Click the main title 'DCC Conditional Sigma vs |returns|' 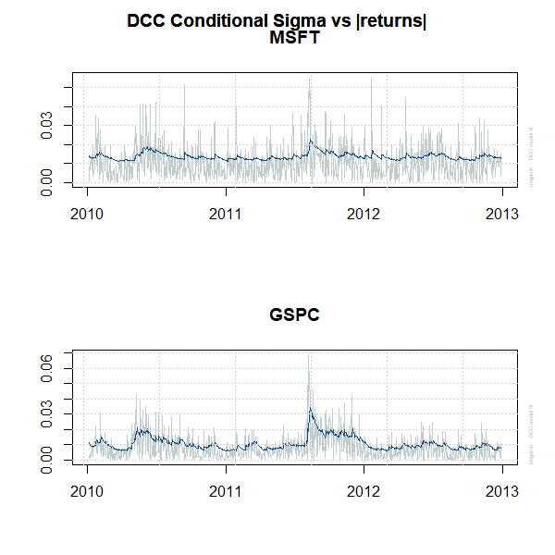(277, 21)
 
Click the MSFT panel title (294, 38)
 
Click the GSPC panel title (294, 314)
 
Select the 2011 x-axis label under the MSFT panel (226, 212)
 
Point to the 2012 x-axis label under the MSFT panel (364, 212)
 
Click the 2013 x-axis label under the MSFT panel (500, 212)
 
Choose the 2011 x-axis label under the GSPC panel (226, 489)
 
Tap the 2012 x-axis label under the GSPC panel (364, 489)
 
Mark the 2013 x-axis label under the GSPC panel (500, 489)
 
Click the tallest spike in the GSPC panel (309, 357)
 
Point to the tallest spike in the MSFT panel (309, 79)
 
